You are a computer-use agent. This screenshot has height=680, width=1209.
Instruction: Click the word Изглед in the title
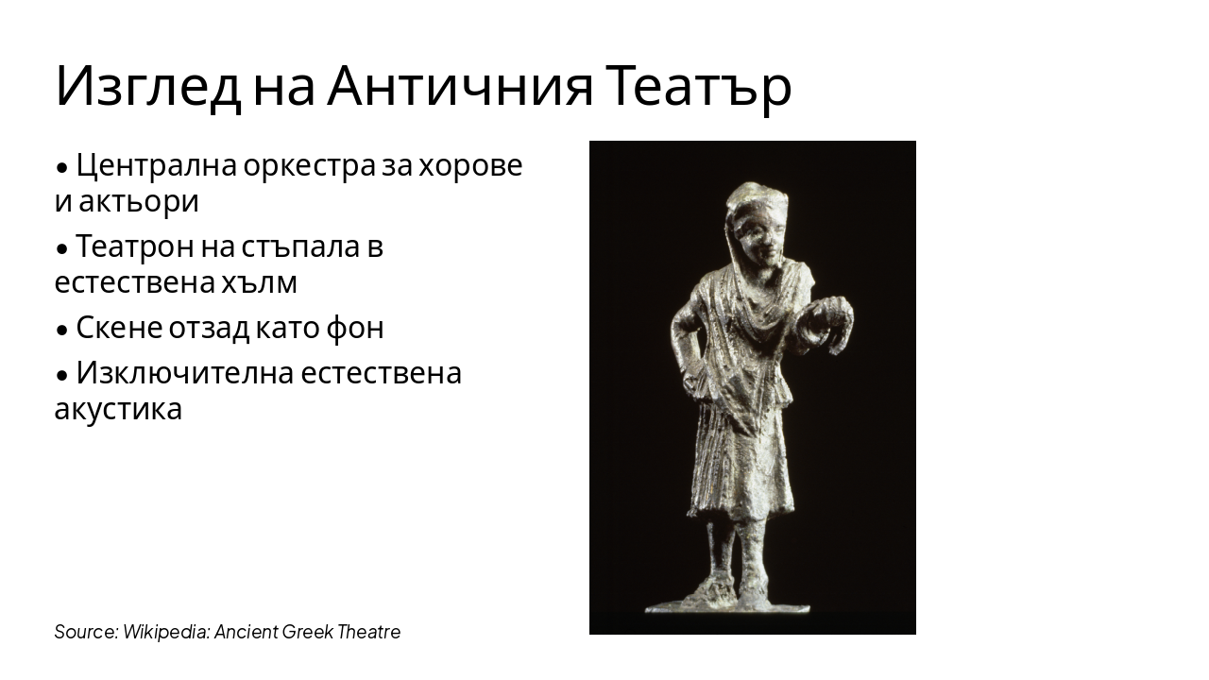[147, 87]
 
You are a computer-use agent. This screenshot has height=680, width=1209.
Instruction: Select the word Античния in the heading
[460, 87]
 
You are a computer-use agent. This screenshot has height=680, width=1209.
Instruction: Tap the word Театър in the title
[699, 87]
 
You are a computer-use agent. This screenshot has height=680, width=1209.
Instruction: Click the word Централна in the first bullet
[155, 165]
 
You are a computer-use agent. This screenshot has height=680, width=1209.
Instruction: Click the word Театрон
[135, 246]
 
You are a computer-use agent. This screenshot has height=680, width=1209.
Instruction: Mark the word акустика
[118, 409]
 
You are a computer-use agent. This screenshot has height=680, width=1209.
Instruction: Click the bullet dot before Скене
[62, 330]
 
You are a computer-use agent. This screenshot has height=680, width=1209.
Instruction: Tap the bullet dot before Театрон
[62, 248]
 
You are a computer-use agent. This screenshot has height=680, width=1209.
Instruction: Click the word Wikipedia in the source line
[166, 632]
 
